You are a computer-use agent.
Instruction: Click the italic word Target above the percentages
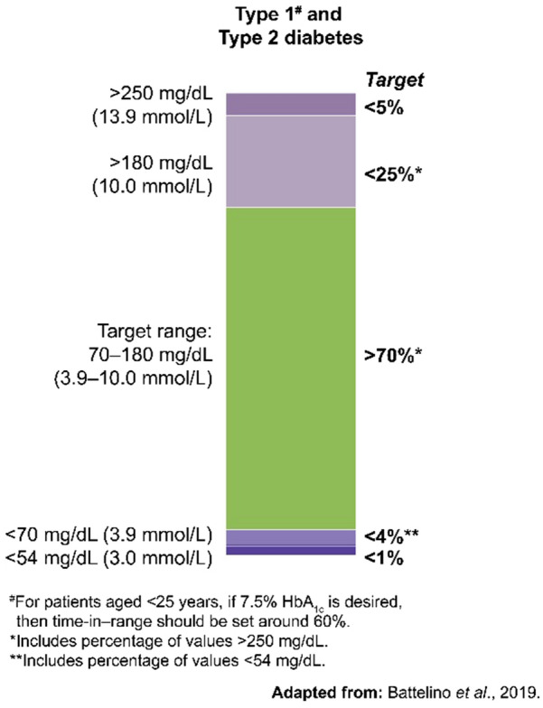tap(390, 80)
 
